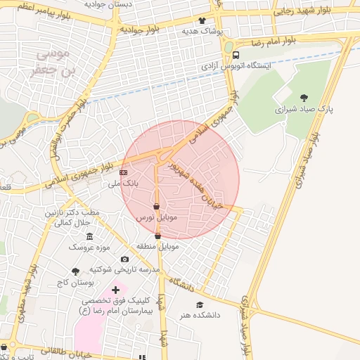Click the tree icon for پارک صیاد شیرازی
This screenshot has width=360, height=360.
(304, 98)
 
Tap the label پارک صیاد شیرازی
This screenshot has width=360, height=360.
(304, 110)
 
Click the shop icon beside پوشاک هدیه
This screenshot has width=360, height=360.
(202, 21)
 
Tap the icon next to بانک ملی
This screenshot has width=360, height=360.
(124, 172)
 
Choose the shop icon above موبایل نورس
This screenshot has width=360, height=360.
(156, 207)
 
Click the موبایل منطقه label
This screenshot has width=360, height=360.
(157, 247)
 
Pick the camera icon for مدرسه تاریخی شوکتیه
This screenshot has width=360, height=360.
(124, 259)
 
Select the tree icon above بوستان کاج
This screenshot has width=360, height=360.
(75, 271)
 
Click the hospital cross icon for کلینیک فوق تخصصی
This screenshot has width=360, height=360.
(116, 290)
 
